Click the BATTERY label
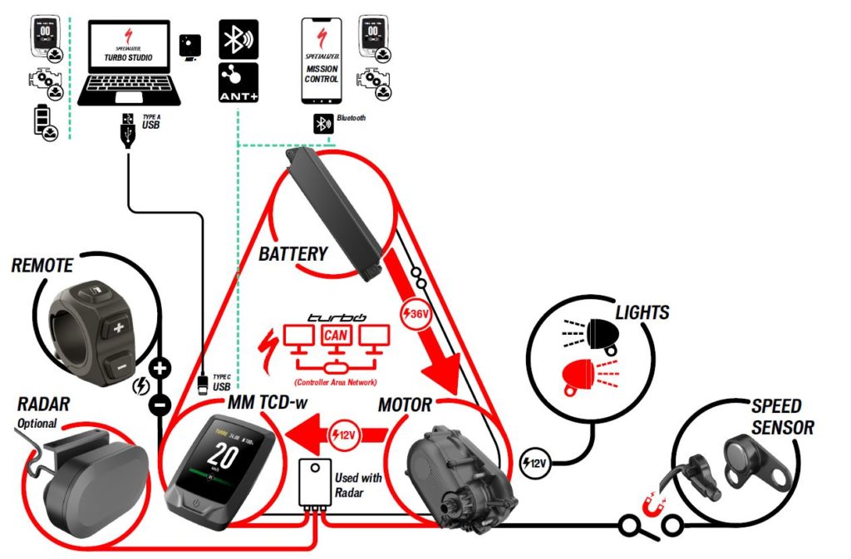click(x=293, y=253)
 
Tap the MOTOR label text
click(x=405, y=405)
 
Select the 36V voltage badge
click(x=416, y=315)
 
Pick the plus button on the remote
click(x=119, y=328)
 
